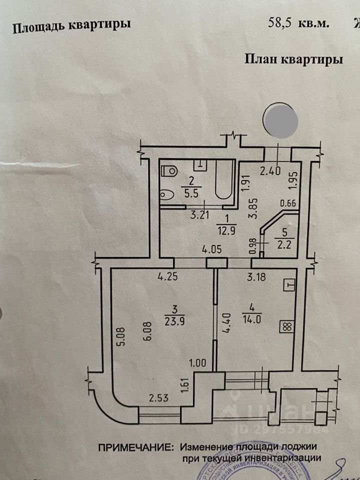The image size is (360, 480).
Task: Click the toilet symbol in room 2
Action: point(170,170)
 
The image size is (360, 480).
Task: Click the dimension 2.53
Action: point(158,398)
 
